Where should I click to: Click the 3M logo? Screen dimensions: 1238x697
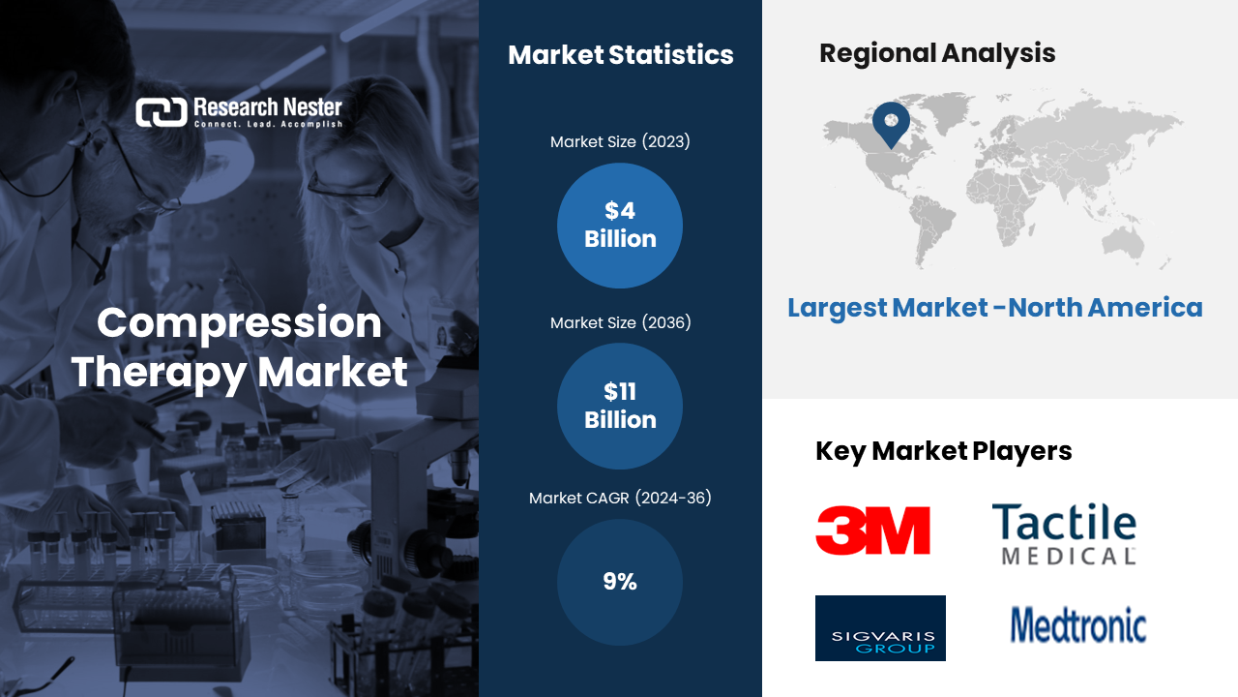[x=872, y=530]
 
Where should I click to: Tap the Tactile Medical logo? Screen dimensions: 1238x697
[x=1065, y=533]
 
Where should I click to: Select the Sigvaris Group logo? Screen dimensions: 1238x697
[x=880, y=628]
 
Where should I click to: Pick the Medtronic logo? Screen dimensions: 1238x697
[x=1078, y=625]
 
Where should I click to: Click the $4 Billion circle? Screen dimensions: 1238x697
[x=620, y=226]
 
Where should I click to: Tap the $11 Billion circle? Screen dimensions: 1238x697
[x=620, y=406]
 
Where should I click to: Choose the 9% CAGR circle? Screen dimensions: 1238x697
[x=620, y=582]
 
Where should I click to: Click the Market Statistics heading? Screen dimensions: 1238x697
[x=621, y=55]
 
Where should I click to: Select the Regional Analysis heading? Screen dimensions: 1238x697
[x=937, y=53]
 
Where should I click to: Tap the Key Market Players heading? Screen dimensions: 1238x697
[x=943, y=451]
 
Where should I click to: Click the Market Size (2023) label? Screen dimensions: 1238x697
[x=620, y=141]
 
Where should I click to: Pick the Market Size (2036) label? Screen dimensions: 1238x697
[x=620, y=322]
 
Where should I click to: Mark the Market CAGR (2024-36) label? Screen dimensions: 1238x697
[x=620, y=498]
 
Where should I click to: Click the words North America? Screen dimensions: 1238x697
[x=1105, y=307]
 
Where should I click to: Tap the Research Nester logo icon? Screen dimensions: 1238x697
[x=162, y=112]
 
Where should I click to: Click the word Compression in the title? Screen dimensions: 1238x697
[x=239, y=323]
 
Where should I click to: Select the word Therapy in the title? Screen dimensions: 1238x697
[x=159, y=373]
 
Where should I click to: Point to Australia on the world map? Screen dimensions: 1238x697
[x=1123, y=243]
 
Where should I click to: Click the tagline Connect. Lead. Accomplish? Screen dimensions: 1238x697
[x=268, y=124]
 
